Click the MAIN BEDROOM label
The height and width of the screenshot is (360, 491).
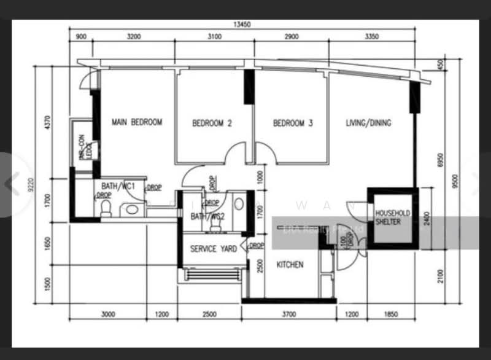click(137, 122)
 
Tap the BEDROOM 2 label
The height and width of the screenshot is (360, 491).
click(212, 123)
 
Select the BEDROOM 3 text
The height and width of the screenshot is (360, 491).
click(293, 123)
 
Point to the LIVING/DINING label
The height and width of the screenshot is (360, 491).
click(368, 122)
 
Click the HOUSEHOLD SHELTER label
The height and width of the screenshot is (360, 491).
click(392, 217)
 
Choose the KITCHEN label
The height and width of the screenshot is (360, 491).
click(290, 265)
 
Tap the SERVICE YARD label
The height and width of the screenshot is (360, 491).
click(212, 249)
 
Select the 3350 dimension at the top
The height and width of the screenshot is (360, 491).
click(373, 37)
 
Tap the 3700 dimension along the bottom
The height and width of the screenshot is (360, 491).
click(288, 315)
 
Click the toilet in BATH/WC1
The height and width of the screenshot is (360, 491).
click(106, 208)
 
